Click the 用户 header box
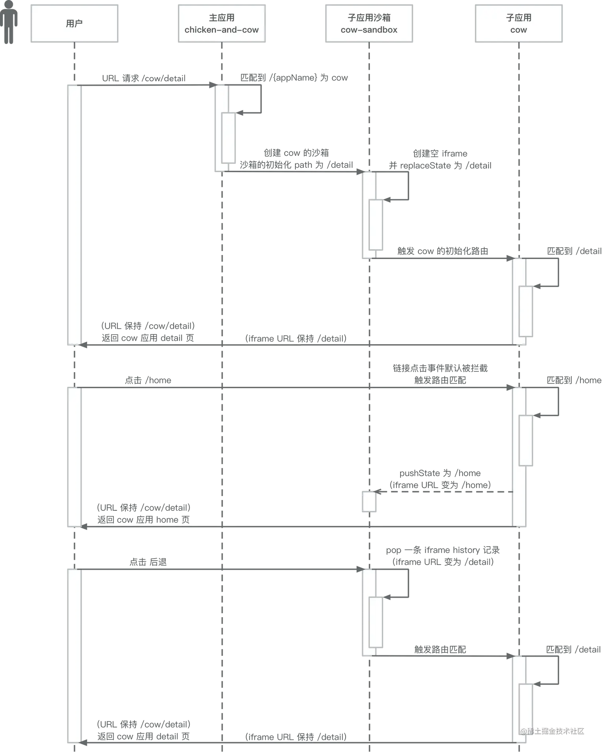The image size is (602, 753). (x=74, y=24)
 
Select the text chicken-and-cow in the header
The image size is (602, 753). (x=221, y=30)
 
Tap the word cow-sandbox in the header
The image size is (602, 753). (x=369, y=30)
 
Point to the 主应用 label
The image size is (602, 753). (x=221, y=18)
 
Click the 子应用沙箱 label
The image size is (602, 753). (x=369, y=18)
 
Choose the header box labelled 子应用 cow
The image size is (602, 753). (x=518, y=24)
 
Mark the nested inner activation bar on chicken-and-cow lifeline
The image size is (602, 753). (x=229, y=138)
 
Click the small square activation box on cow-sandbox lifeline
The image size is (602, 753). (x=369, y=502)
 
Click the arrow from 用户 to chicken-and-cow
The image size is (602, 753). (x=147, y=85)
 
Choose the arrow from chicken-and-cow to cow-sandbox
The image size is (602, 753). (x=295, y=173)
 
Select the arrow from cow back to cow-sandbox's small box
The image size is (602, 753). (x=442, y=492)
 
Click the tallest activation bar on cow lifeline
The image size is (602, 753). (x=519, y=457)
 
